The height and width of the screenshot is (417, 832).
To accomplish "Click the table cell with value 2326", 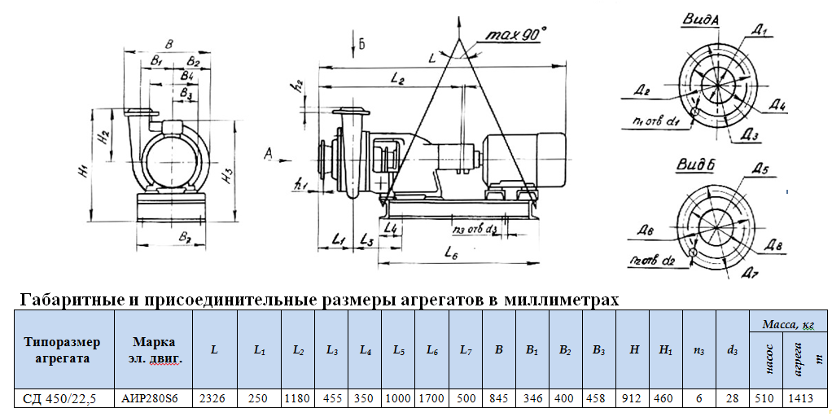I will [x=214, y=399].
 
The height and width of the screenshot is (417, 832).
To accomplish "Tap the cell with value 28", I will [x=732, y=399].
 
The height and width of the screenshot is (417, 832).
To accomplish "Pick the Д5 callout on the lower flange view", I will [x=760, y=169].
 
